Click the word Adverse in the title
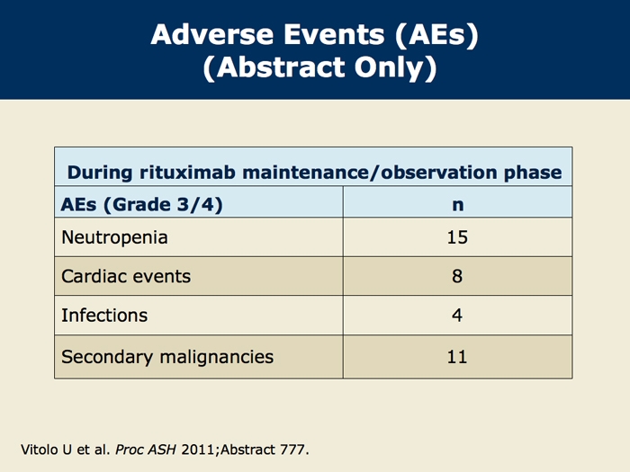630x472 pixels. (212, 34)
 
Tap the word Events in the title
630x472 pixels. (334, 34)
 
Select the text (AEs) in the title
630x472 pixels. (436, 35)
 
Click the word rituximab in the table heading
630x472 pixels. (187, 173)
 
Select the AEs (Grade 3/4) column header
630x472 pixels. (141, 205)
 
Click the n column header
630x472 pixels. (457, 205)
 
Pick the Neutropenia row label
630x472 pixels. (114, 237)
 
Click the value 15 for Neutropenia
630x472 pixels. (457, 237)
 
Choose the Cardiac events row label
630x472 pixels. (126, 276)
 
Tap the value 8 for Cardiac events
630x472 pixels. (457, 276)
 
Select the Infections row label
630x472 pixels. (104, 315)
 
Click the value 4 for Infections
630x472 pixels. (457, 315)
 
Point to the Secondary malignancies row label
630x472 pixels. (167, 357)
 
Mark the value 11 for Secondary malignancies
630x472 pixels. (457, 357)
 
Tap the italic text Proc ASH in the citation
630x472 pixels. (146, 450)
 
